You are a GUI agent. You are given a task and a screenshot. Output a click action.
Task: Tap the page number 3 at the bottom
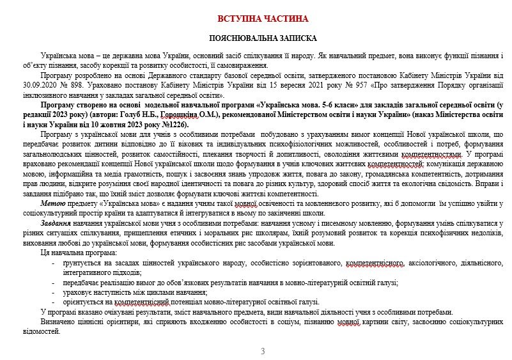(263, 351)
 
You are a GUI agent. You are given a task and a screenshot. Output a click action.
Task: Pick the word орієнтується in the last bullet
(83, 301)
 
